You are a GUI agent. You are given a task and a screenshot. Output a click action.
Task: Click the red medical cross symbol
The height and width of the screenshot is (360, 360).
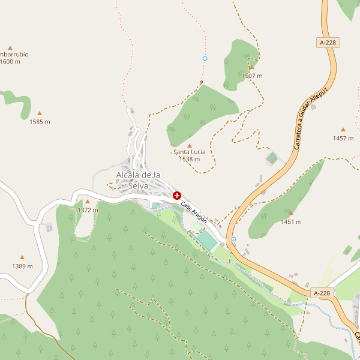[x=177, y=196]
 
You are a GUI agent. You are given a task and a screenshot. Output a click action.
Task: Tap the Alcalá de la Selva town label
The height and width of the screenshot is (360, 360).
[x=138, y=180]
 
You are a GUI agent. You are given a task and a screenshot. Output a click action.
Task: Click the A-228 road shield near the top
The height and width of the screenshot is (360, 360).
[x=328, y=43]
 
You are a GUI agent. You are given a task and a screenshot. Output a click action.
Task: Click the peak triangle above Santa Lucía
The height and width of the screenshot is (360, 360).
[x=190, y=145]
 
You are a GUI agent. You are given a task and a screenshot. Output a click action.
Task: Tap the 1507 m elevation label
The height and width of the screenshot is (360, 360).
[x=252, y=76]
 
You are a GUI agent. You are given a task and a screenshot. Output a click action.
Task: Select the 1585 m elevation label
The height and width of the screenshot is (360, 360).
[x=40, y=122]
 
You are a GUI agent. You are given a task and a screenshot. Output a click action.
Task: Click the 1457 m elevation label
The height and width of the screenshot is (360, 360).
[x=343, y=138]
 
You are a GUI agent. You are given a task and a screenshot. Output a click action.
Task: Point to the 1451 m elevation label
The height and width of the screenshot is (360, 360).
[x=291, y=221]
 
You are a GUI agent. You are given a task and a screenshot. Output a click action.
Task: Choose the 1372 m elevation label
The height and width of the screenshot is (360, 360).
[x=88, y=210]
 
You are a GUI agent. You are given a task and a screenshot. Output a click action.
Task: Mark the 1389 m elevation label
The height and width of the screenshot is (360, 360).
[x=22, y=266]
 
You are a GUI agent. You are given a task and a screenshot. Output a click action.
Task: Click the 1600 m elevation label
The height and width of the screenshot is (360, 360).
[x=10, y=61]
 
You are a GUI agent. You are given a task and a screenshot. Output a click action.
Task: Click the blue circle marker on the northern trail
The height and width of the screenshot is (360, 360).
[x=205, y=58]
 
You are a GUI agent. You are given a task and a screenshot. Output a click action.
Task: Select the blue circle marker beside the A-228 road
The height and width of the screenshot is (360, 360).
[x=233, y=239]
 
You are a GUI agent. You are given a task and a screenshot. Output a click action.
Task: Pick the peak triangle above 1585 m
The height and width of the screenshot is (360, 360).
[x=40, y=113]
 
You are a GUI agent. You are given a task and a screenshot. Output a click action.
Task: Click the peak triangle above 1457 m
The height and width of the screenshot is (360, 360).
[x=343, y=130]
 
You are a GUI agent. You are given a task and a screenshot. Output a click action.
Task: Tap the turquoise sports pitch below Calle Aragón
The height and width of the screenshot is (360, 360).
[x=207, y=241]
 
